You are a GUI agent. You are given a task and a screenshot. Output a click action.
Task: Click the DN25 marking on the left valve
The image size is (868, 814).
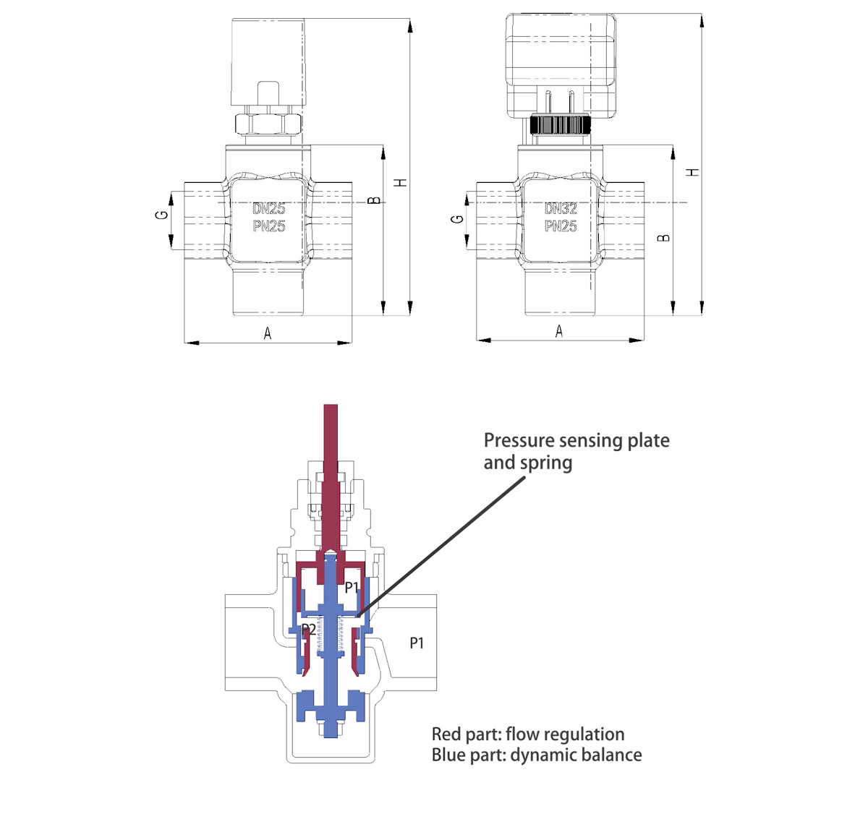click(269, 208)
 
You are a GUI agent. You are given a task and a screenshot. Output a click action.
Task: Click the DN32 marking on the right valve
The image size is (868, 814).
click(561, 208)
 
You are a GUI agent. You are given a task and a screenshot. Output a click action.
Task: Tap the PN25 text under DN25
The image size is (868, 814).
click(269, 226)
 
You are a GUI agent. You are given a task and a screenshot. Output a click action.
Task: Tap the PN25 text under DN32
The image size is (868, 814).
click(561, 226)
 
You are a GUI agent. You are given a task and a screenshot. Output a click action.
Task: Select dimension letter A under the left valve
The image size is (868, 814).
click(268, 334)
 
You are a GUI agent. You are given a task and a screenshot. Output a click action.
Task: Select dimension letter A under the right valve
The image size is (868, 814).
click(559, 331)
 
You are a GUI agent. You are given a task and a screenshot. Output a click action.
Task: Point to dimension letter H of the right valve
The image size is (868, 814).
click(692, 172)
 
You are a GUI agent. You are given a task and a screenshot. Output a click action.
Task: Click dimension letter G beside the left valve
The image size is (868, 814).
click(162, 215)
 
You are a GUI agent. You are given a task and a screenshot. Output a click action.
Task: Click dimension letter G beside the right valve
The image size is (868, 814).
click(457, 219)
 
